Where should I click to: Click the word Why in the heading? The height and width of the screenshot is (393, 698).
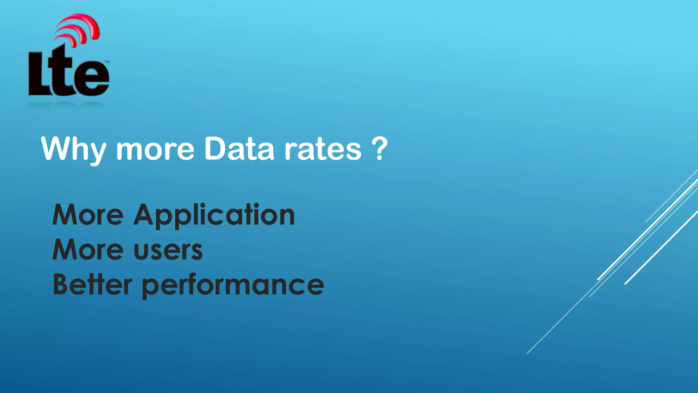(x=73, y=149)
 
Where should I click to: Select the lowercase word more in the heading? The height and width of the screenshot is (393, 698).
(x=155, y=150)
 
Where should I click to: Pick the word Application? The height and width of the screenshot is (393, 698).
(x=214, y=215)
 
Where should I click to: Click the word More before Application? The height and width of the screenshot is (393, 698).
(x=88, y=215)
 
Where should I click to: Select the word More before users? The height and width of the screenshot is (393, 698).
(x=88, y=250)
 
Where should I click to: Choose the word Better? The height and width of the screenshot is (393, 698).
(x=92, y=285)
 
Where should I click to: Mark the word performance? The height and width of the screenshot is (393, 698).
(x=233, y=286)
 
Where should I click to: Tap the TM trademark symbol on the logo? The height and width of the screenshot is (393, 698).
(x=107, y=62)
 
